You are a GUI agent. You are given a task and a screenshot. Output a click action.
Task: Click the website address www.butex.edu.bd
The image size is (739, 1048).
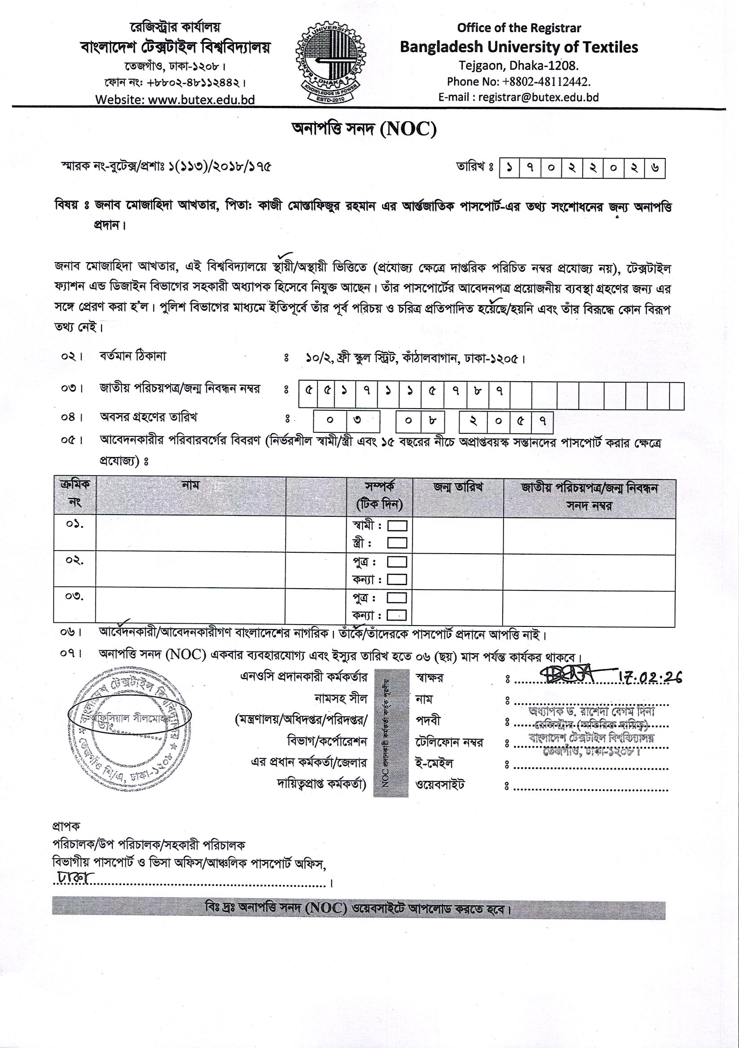tap(175, 100)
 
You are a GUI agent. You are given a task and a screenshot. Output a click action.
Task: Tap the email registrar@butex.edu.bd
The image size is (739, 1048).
tap(518, 97)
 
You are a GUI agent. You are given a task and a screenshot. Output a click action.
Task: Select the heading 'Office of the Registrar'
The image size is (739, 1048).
tap(519, 28)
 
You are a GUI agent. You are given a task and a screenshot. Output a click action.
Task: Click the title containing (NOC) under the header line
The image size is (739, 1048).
tap(364, 130)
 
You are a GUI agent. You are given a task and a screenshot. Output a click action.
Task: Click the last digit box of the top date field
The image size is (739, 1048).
tap(655, 168)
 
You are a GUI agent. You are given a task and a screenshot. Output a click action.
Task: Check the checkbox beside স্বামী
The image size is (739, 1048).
tap(397, 526)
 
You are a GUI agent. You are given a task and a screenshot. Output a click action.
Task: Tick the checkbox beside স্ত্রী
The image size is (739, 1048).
tap(397, 543)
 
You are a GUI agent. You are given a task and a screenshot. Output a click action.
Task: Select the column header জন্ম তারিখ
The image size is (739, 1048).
tap(458, 487)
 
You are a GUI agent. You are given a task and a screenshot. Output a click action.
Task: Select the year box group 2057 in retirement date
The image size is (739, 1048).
tap(506, 421)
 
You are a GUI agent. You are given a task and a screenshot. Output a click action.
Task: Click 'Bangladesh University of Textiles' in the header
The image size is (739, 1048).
tap(519, 47)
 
